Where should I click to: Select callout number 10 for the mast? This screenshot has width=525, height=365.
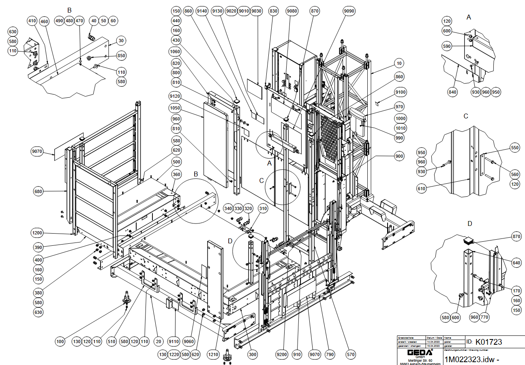[x=399, y=63]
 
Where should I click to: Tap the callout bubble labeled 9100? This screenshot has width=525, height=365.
[x=401, y=92]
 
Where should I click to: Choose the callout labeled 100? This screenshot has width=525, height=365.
[x=60, y=342]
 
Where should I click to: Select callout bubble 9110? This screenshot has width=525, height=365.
[x=174, y=342]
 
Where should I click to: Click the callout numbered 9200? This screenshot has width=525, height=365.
[x=282, y=355]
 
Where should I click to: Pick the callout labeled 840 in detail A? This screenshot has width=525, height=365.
[x=452, y=92]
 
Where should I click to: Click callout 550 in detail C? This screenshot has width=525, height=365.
[x=515, y=148]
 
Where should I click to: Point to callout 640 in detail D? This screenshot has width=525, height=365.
[x=516, y=262]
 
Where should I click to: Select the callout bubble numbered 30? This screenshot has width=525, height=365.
[x=121, y=41]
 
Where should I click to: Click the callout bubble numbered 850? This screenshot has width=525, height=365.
[x=121, y=56]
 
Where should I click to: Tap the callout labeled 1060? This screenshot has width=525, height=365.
[x=176, y=52]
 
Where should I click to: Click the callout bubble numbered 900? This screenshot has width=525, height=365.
[x=399, y=156]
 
